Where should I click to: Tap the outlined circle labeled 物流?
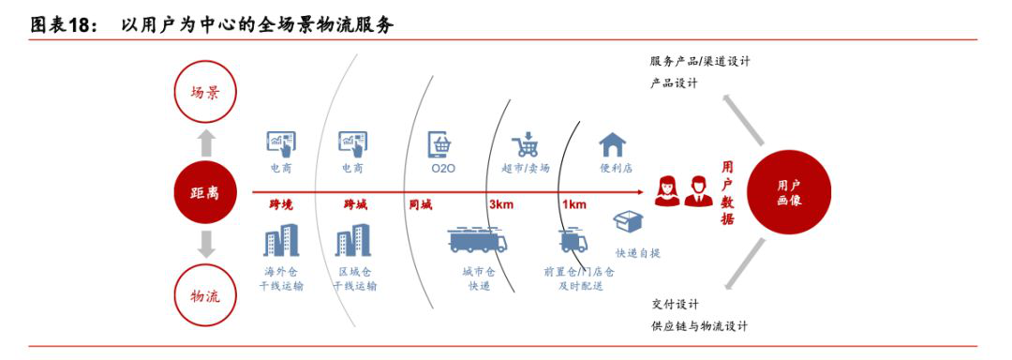pyautogui.click(x=205, y=294)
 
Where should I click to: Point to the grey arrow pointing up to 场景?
pyautogui.click(x=206, y=142)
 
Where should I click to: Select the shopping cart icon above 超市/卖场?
pyautogui.click(x=525, y=145)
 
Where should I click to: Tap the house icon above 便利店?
pyautogui.click(x=613, y=144)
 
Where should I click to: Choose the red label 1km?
pyautogui.click(x=573, y=204)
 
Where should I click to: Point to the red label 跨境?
pyautogui.click(x=281, y=204)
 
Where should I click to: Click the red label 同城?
pyautogui.click(x=421, y=204)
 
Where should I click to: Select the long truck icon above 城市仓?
pyautogui.click(x=478, y=241)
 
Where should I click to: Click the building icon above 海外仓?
pyautogui.click(x=281, y=241)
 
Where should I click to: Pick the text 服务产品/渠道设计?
pyautogui.click(x=700, y=61)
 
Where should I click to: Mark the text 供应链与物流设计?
pyautogui.click(x=700, y=325)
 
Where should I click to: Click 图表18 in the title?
pyautogui.click(x=65, y=25)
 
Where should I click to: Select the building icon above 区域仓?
pyautogui.click(x=353, y=241)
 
